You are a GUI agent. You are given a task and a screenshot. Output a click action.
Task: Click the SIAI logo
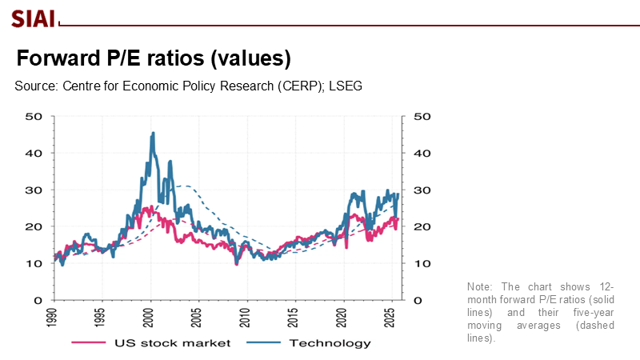[x=33, y=16]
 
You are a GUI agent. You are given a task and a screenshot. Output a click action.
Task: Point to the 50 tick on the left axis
[x=34, y=116]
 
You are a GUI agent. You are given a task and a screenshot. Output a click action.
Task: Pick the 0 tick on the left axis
[x=38, y=300]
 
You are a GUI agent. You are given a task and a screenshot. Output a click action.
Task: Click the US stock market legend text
[x=174, y=343]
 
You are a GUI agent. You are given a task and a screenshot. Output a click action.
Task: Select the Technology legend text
[x=329, y=343]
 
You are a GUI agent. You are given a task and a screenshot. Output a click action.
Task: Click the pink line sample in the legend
[x=90, y=343]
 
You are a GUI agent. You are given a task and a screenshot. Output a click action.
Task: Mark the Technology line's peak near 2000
[x=152, y=134]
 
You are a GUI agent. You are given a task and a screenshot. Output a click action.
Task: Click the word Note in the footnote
[x=479, y=286]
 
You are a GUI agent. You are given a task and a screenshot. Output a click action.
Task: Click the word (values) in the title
[x=245, y=59]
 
